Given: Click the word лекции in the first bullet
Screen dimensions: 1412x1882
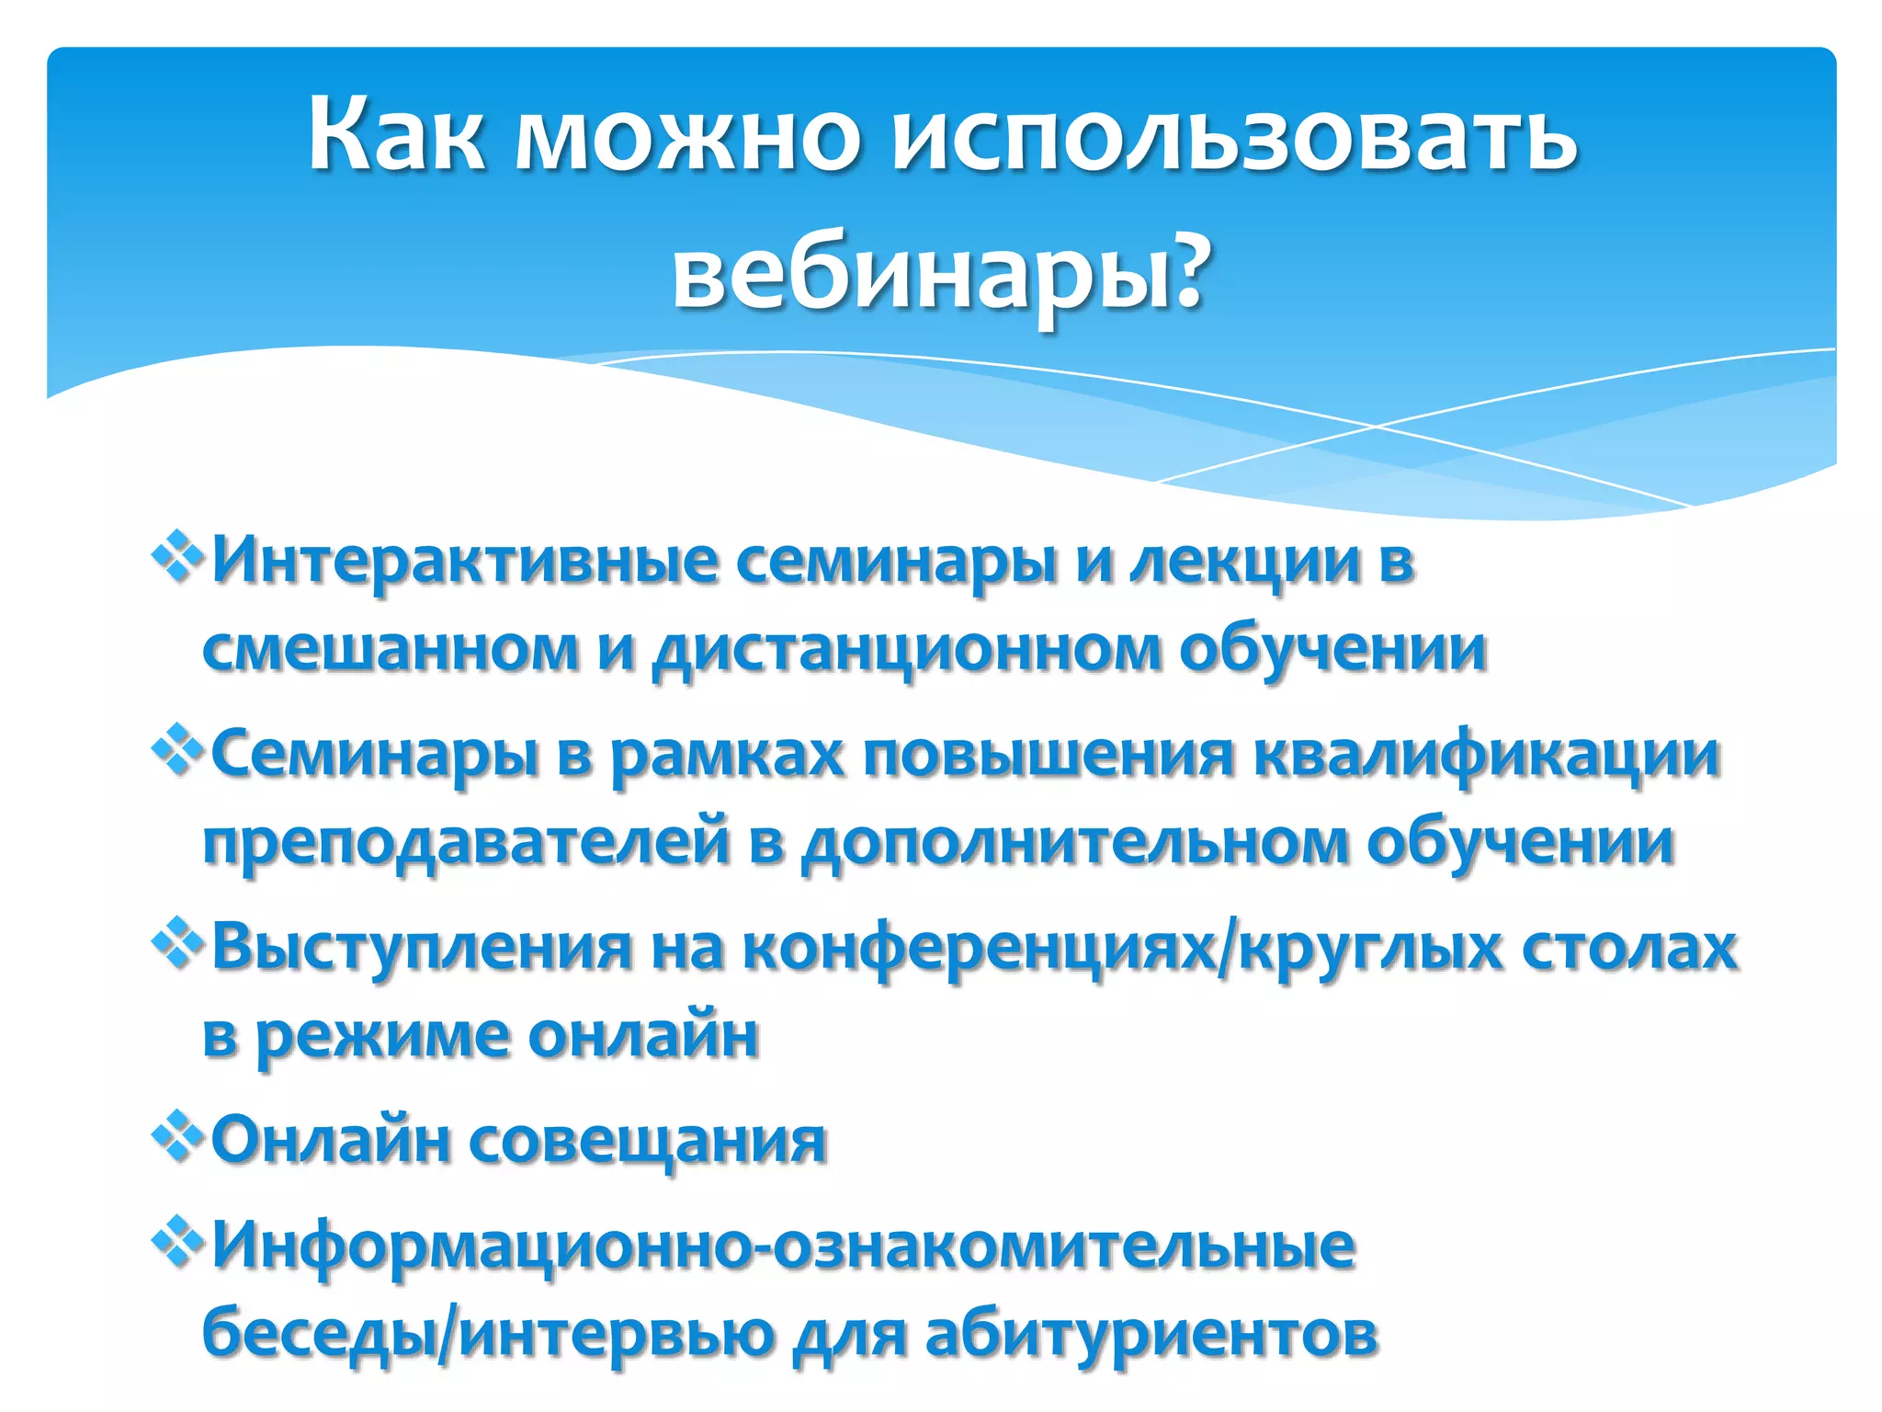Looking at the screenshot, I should click(1245, 563).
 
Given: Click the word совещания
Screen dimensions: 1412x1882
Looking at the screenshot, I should click(649, 1141).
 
